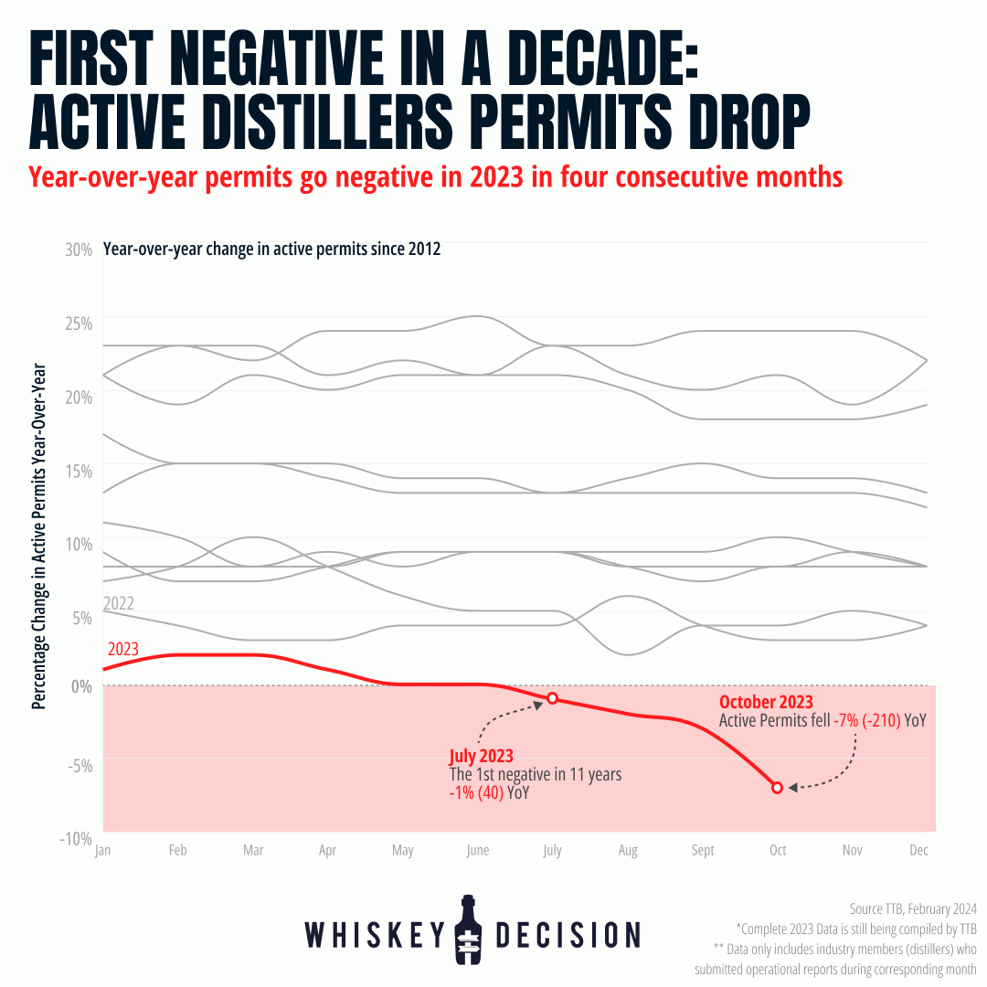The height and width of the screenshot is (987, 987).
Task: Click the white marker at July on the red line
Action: pyautogui.click(x=552, y=698)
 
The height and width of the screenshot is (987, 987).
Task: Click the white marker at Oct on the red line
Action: pyautogui.click(x=777, y=787)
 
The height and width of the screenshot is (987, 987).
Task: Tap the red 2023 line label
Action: pyautogui.click(x=123, y=650)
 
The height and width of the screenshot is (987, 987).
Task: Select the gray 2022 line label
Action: pyautogui.click(x=119, y=603)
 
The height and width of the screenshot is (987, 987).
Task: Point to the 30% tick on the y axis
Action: pyautogui.click(x=79, y=249)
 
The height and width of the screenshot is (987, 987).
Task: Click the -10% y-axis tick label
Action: pyautogui.click(x=76, y=838)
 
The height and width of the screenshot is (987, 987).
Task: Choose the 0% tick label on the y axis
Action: pyautogui.click(x=80, y=686)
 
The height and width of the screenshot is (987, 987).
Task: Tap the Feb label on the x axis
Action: pyautogui.click(x=177, y=851)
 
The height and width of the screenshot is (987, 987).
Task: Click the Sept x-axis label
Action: pyautogui.click(x=702, y=851)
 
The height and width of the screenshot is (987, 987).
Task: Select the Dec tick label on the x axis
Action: pyautogui.click(x=919, y=851)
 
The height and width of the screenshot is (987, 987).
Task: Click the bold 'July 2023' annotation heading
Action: pyautogui.click(x=481, y=757)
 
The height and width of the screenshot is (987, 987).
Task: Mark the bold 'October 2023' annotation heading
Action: pyautogui.click(x=766, y=702)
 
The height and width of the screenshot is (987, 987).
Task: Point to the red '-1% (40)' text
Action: pyautogui.click(x=476, y=793)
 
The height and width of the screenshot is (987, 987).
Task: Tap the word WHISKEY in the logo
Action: pyautogui.click(x=374, y=934)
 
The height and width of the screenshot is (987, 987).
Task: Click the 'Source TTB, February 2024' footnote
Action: pyautogui.click(x=913, y=909)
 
